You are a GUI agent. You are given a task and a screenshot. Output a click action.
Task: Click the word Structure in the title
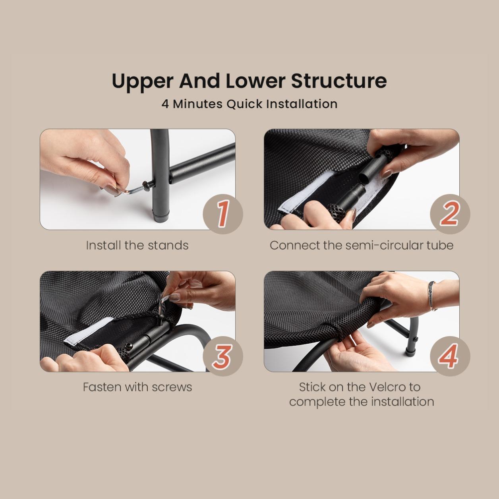[x=339, y=81]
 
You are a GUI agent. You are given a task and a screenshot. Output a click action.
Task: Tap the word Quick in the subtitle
[x=244, y=104]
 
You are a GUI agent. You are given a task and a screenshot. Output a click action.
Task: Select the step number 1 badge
[x=223, y=214]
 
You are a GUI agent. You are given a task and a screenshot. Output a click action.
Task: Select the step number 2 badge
[x=450, y=214]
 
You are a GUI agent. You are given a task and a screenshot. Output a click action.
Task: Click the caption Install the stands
[x=137, y=246]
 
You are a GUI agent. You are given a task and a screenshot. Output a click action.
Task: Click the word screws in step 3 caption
[x=172, y=387]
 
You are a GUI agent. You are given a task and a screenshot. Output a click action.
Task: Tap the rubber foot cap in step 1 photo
[x=161, y=217]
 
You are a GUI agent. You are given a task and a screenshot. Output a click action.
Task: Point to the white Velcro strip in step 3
[x=88, y=331]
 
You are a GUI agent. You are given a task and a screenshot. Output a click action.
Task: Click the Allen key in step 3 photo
[x=162, y=308]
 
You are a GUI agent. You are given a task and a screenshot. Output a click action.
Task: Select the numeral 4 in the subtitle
[x=165, y=104]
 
